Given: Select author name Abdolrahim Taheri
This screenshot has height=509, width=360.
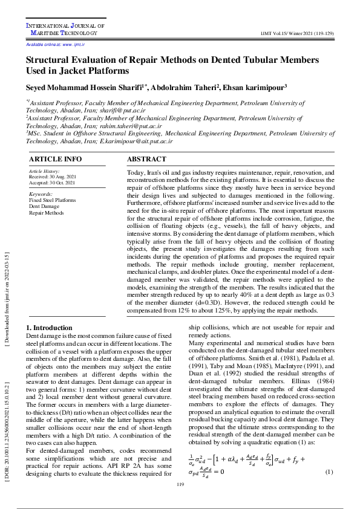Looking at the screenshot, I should coord(185,88).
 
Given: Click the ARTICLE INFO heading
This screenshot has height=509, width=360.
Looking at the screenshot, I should coord(56,160).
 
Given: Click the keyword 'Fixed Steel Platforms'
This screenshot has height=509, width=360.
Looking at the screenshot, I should coord(53,200).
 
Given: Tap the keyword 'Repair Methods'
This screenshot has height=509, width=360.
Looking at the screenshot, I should coord(46,213).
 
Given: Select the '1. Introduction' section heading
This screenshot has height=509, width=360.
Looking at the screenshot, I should coord(49,327).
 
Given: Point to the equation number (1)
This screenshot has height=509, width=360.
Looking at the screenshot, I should coord(329,472).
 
